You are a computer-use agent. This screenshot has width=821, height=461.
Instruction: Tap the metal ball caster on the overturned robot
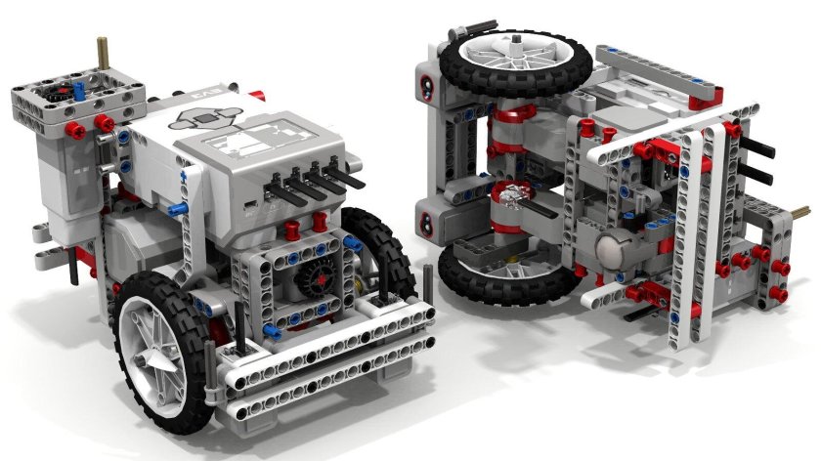(x=614, y=250)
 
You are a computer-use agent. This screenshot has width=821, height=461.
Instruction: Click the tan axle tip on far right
(x=805, y=209)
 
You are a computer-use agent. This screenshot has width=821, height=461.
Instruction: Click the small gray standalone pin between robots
(x=430, y=278)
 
